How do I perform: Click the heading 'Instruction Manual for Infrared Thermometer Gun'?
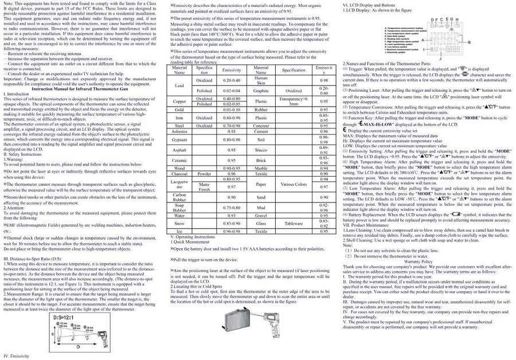[x=87, y=90]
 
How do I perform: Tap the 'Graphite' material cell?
[x=261, y=91]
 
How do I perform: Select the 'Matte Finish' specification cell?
[x=204, y=187]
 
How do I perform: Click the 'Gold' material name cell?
[x=179, y=109]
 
